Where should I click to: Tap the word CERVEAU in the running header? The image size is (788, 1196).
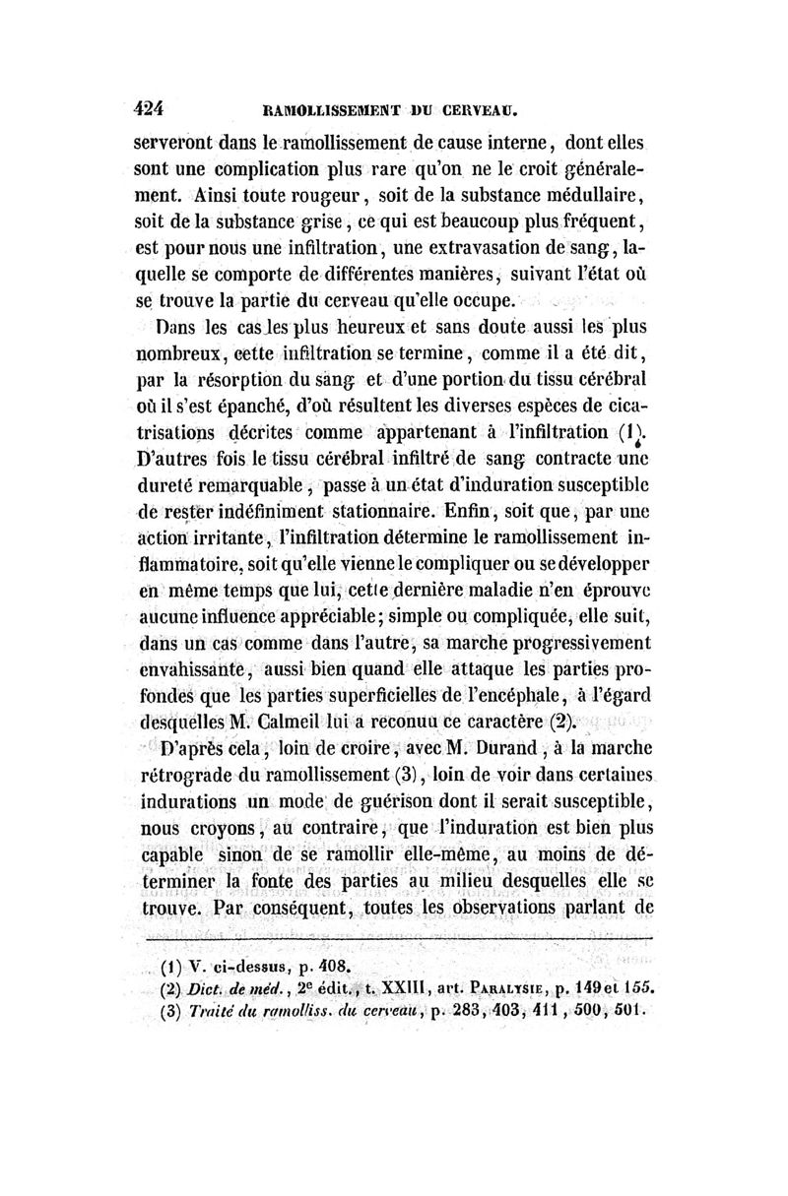point(480,109)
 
